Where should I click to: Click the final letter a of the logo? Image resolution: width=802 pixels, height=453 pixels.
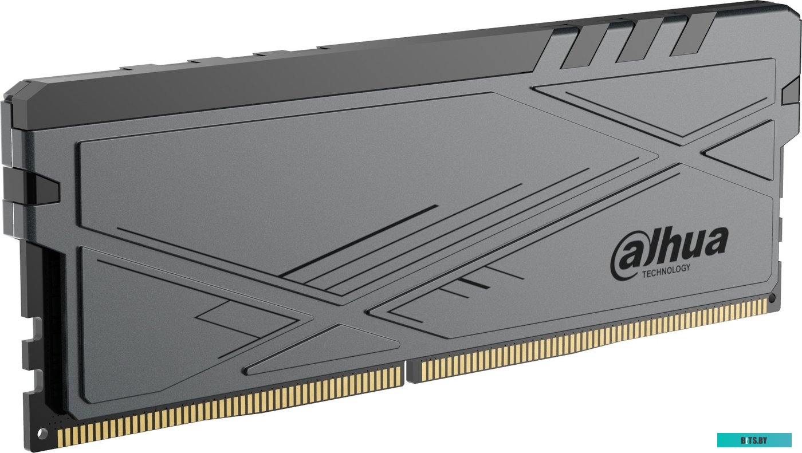[715, 243]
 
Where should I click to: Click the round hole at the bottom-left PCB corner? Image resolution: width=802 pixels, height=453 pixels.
[39, 431]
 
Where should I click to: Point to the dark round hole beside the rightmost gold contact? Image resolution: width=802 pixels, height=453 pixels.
[772, 298]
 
